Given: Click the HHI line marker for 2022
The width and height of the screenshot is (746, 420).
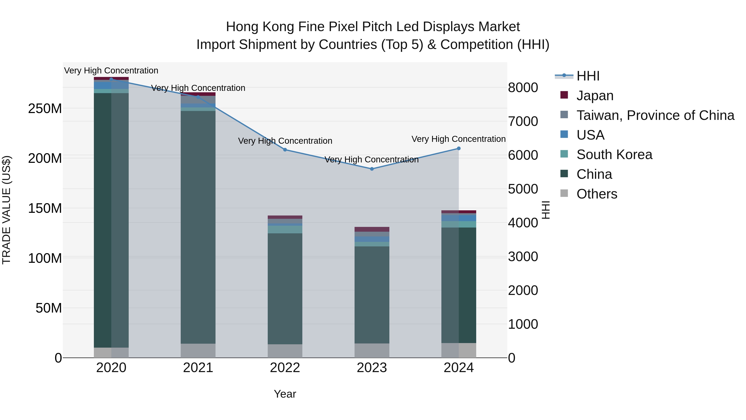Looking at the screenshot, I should click(285, 150).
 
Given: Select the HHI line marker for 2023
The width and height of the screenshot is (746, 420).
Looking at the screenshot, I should click(372, 169).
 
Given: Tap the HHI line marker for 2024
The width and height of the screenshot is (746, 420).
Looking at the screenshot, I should click(459, 149).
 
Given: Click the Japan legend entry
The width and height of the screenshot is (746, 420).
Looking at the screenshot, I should click(595, 96).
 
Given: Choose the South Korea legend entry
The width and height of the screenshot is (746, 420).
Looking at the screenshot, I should click(614, 155).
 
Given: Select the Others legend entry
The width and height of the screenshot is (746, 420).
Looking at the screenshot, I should click(597, 194).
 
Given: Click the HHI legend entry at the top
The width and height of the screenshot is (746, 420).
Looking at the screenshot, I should click(588, 76).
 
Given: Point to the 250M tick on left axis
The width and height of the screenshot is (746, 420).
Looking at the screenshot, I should click(45, 109).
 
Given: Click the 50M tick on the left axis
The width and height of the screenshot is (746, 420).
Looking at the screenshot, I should click(49, 308).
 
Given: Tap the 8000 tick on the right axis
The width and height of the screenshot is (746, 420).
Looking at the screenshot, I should click(523, 88).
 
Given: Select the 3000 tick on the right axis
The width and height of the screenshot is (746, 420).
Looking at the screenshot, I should click(523, 257).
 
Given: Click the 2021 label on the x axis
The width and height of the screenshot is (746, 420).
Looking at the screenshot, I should click(198, 368).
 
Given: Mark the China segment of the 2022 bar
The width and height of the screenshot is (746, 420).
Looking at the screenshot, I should click(285, 289).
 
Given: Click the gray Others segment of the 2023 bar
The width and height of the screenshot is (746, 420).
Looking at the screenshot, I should click(372, 351).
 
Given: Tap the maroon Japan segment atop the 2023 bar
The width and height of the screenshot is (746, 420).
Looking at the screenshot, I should click(372, 229).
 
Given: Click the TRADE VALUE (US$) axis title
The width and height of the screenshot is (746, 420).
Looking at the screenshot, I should click(6, 210).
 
